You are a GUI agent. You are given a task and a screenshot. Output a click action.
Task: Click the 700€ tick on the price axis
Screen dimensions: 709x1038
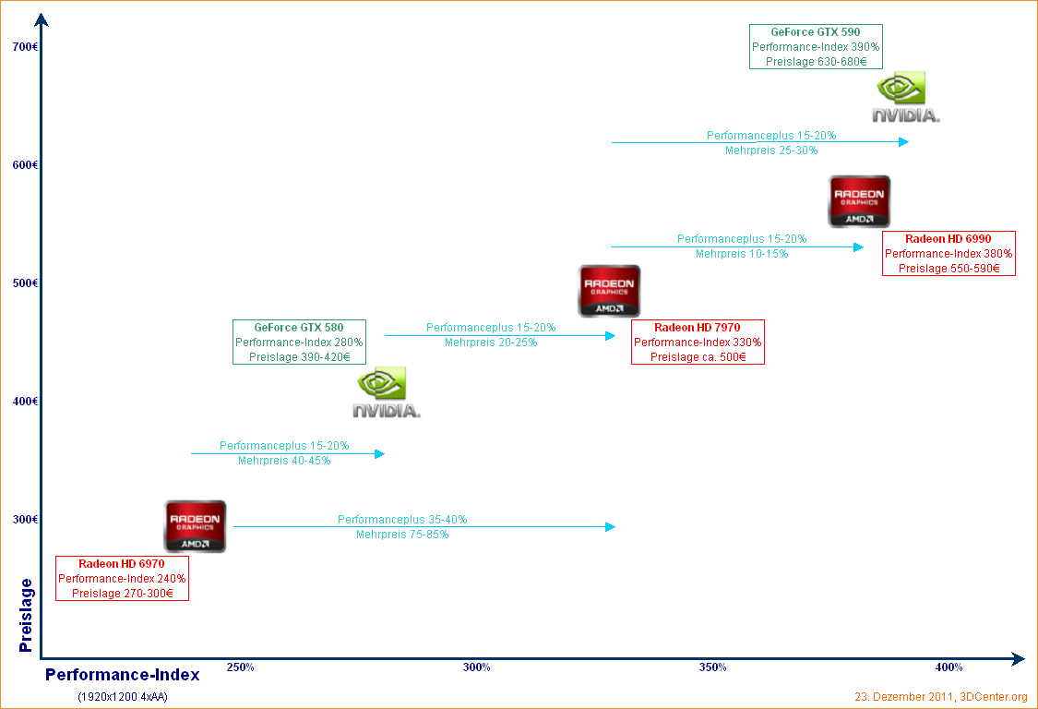25,47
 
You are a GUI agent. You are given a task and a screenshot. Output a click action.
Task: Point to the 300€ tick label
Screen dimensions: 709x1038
25,520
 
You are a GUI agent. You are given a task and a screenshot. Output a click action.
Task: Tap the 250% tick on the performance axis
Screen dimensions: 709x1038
241,667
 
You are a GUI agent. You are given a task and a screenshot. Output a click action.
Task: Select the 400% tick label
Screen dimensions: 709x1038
949,667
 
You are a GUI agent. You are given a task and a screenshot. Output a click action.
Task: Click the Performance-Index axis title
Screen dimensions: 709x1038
122,675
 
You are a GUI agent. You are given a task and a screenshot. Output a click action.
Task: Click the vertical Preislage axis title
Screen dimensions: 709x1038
26,615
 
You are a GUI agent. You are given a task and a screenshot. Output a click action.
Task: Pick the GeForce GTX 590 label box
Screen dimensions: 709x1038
816,46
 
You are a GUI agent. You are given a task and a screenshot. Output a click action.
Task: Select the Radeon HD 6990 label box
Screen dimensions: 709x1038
949,253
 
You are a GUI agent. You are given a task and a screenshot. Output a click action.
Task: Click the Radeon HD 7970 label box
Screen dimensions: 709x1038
698,342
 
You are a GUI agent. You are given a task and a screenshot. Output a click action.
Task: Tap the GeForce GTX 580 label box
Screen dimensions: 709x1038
299,342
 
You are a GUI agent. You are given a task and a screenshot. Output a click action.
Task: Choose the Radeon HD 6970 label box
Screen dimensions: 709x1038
122,578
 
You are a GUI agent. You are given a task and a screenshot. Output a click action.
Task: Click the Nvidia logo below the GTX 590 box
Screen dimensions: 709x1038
905,98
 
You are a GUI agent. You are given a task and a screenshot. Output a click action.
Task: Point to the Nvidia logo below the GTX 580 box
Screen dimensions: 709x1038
386,392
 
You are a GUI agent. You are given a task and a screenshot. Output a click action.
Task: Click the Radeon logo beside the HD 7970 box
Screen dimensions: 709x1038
609,291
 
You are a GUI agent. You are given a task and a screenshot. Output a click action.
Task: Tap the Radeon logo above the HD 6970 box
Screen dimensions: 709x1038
195,526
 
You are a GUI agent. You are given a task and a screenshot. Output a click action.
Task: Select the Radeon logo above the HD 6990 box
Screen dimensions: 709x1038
859,201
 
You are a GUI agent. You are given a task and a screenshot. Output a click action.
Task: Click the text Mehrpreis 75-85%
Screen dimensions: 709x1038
402,535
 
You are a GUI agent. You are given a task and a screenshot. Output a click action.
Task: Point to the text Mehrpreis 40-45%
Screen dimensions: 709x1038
284,461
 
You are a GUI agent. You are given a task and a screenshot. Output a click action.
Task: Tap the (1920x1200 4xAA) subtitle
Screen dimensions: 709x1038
122,697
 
